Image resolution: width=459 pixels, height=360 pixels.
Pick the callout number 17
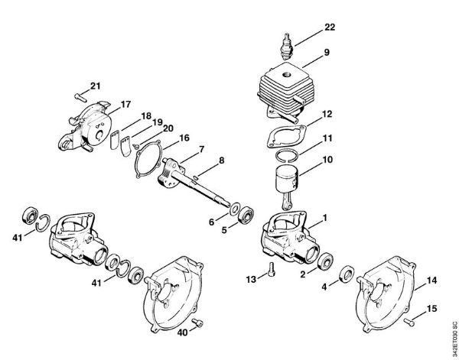click(125, 104)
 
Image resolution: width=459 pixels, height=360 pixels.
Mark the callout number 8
click(222, 161)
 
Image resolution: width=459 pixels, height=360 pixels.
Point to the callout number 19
click(158, 122)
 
